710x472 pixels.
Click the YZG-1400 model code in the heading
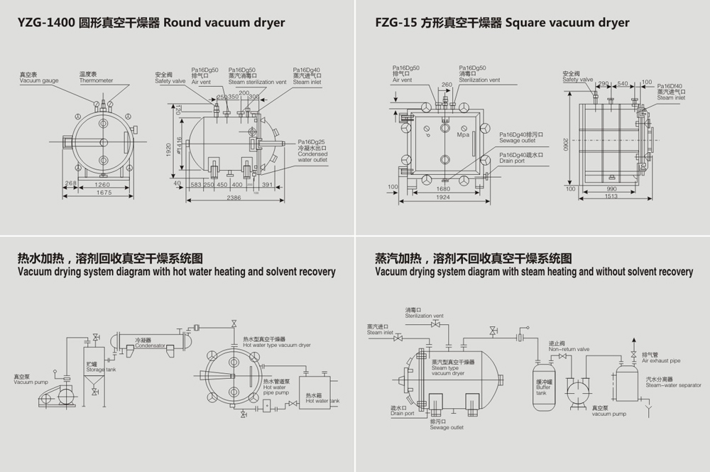47,23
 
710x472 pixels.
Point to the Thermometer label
96,80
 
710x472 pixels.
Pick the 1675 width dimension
104,192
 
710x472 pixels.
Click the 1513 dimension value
611,197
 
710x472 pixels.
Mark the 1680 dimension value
443,188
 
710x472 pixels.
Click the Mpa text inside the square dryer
464,134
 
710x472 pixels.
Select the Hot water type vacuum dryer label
277,345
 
